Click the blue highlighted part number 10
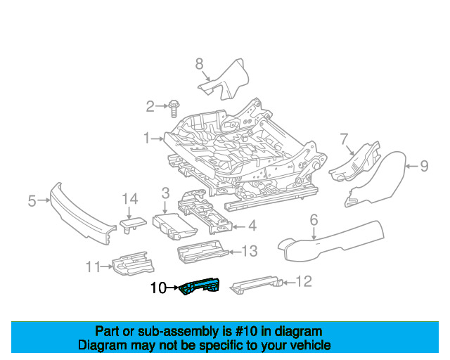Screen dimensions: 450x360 200,285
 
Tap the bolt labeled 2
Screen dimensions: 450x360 174,108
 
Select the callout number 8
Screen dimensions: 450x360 199,64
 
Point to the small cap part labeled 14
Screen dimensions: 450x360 133,224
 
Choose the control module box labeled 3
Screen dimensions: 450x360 174,226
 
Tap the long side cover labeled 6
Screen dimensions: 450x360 330,243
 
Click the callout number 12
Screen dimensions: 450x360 304,282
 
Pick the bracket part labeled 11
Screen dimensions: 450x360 133,264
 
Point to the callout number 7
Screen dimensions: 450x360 344,139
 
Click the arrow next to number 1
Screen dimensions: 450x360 157,139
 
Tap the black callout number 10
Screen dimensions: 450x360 158,288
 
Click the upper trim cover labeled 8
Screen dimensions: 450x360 225,79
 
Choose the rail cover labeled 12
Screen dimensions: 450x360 256,285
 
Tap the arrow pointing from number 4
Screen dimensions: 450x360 239,227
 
